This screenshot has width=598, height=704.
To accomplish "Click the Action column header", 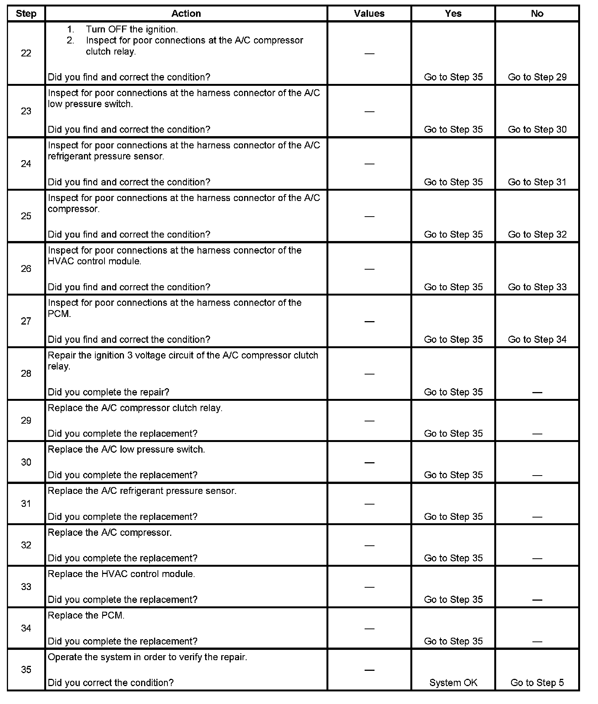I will pos(186,14).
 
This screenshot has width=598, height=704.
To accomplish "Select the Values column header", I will pos(369,14).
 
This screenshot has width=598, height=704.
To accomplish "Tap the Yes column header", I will pos(453,14).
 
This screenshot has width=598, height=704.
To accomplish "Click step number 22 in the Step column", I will pos(26,53).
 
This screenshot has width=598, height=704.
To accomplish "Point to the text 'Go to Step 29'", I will pos(537,77).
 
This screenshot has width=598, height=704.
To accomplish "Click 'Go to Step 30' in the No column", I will pos(537,130).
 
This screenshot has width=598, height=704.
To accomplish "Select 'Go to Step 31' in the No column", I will pos(537,182).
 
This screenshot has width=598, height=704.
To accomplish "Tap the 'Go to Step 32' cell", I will pos(537,235).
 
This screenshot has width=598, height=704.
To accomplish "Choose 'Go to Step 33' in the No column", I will pos(537,287).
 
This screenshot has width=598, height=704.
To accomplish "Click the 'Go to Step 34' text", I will pos(537,339).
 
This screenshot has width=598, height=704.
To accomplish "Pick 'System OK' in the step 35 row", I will pos(453,683).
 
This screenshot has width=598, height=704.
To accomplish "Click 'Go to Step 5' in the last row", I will pos(537,683).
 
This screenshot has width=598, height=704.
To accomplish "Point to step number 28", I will pos(26,374).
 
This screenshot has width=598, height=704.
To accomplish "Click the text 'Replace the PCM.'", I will pos(86,616).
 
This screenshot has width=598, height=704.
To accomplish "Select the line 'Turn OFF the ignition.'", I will pos(132,29).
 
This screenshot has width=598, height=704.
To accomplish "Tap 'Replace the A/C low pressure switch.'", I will pos(126,450).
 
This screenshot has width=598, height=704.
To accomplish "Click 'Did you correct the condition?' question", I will pos(111,683).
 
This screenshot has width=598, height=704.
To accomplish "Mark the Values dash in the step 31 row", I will pos(369,504).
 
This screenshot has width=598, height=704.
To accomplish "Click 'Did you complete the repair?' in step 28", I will pos(108,392).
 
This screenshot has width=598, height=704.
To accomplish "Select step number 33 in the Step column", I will pos(26,587).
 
